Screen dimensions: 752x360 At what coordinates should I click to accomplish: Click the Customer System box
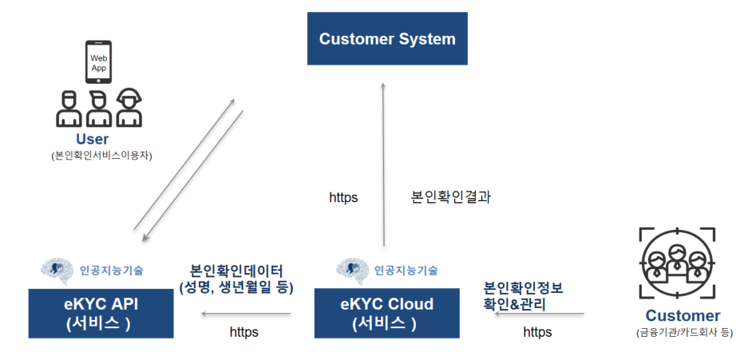[387, 39]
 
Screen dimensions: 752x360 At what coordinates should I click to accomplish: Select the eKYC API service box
[101, 314]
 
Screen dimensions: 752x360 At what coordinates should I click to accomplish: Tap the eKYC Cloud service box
[386, 314]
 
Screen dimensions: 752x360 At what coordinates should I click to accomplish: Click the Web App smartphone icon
[99, 62]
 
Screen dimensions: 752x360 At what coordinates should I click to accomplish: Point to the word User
[93, 140]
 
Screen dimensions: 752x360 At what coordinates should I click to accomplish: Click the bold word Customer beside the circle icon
[683, 316]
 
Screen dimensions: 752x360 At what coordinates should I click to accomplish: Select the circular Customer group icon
[678, 263]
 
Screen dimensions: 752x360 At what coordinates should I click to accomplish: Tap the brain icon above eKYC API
[57, 271]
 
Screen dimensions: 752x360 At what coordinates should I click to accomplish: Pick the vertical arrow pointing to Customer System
[383, 164]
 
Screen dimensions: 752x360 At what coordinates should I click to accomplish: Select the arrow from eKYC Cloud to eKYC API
[246, 314]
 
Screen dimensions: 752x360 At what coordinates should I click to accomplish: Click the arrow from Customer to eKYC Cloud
[540, 314]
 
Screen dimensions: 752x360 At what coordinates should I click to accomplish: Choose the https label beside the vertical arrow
[343, 197]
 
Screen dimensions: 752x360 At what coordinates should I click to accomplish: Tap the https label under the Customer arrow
[537, 332]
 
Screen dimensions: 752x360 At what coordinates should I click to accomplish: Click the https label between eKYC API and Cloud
[244, 332]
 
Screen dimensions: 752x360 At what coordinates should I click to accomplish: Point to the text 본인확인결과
[451, 197]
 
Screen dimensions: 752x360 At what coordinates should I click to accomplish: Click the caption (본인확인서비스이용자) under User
[101, 156]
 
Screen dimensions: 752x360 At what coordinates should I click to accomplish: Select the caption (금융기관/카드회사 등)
[684, 333]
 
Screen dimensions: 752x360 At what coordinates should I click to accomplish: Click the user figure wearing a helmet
[129, 108]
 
